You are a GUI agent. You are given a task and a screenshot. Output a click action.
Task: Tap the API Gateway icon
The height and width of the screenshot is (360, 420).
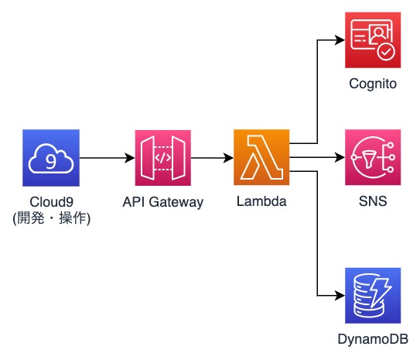click(162, 158)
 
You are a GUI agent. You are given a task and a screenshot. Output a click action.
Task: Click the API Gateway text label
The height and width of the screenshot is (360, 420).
click(162, 203)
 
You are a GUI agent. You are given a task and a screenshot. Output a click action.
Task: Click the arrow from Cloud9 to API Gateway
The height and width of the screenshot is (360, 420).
click(106, 158)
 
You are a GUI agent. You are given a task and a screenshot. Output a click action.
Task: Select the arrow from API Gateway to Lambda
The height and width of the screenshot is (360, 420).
click(211, 158)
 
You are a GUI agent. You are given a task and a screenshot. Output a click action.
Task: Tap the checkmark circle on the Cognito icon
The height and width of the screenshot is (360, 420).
click(384, 52)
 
